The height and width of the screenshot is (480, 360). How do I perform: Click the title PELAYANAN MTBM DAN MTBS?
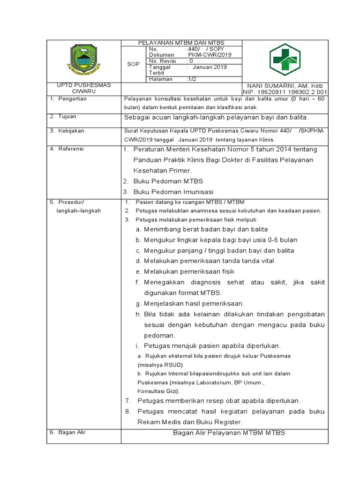tap(181, 43)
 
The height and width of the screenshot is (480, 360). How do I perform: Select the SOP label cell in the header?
tap(134, 64)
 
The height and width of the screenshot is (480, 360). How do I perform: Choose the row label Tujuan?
tap(67, 116)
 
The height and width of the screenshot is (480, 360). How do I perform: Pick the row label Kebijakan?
tap(71, 131)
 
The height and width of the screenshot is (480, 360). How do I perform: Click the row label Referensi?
tap(71, 149)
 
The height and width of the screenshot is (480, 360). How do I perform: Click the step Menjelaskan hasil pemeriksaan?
tap(194, 303)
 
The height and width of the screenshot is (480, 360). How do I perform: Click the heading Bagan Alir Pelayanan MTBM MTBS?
tap(229, 433)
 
